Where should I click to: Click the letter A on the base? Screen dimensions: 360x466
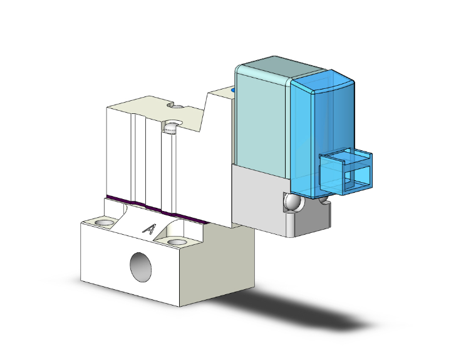coord(149,229)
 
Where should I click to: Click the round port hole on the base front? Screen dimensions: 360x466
coord(140,267)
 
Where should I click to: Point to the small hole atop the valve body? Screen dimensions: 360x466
coord(178,106)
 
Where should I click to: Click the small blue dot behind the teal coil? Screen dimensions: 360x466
coord(234,91)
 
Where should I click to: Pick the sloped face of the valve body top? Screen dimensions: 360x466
coord(200,116)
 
